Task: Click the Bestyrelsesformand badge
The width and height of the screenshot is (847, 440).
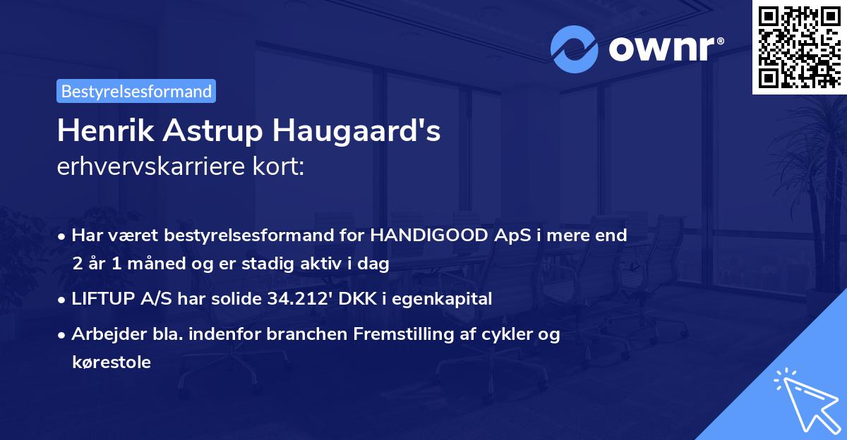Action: (x=136, y=91)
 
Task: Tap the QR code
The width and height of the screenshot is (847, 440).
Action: (x=799, y=47)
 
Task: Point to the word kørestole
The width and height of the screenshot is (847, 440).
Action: (x=111, y=362)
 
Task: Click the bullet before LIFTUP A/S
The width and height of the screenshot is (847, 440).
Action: (x=64, y=299)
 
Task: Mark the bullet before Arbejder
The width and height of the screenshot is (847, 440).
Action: (x=64, y=334)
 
